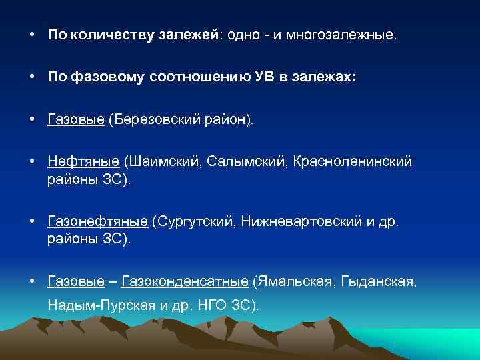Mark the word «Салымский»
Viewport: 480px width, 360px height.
pos(237,162)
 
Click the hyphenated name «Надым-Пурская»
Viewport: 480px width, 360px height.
pos(90,305)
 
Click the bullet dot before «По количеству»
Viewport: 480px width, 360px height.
pos(32,35)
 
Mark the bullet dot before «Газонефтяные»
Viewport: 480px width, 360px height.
pos(32,222)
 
